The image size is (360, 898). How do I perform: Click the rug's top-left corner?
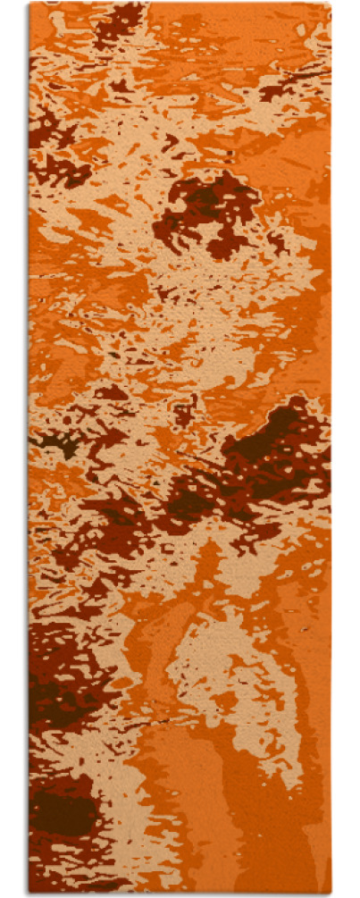pyautogui.click(x=29, y=4)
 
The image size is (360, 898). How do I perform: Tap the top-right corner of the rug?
pyautogui.click(x=331, y=4)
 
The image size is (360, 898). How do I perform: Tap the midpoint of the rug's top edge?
pyautogui.click(x=180, y=4)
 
